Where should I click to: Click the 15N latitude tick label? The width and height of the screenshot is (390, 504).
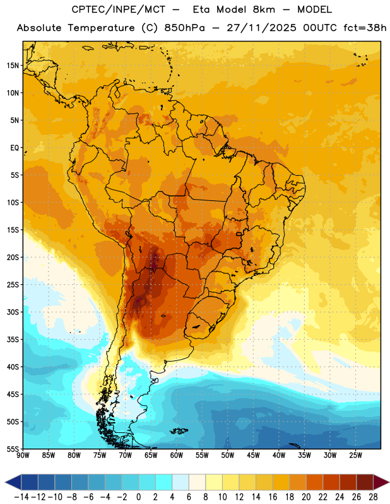click(13, 66)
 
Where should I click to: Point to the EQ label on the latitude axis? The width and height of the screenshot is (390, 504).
click(15, 148)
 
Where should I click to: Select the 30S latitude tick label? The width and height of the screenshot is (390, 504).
click(13, 312)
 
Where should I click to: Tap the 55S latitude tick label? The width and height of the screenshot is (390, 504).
click(13, 449)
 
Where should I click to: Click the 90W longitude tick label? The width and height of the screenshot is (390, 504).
click(23, 455)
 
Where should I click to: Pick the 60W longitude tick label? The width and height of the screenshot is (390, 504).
click(177, 455)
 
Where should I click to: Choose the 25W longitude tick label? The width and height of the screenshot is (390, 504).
click(355, 455)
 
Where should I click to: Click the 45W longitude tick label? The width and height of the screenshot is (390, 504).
click(253, 455)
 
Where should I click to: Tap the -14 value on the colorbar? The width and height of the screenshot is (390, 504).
click(21, 497)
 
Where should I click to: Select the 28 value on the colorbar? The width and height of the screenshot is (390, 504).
click(373, 497)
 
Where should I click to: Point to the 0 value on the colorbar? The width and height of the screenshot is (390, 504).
click(138, 497)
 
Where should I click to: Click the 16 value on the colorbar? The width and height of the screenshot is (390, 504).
click(273, 497)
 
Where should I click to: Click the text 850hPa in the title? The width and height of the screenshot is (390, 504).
click(184, 28)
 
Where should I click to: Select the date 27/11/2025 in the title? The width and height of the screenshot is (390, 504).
click(261, 28)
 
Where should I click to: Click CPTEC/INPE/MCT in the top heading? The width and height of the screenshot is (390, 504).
click(119, 9)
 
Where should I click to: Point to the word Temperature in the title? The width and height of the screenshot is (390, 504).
click(101, 28)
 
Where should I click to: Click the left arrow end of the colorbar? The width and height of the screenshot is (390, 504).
click(13, 482)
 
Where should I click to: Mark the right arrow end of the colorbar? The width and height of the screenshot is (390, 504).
click(382, 482)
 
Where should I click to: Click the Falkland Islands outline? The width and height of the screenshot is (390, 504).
click(179, 431)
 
